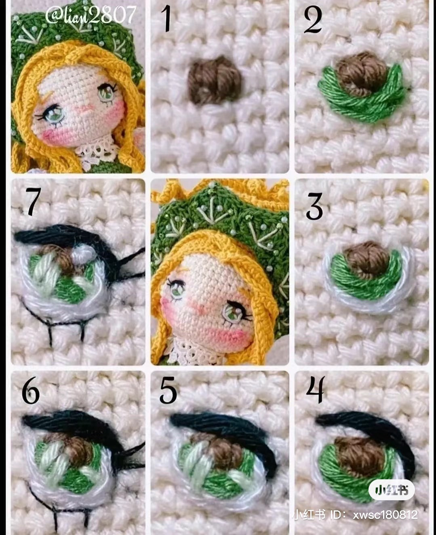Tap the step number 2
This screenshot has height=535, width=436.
[313, 20]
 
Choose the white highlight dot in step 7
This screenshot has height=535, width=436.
[83, 255]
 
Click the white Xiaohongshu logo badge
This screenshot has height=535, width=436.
[391, 490]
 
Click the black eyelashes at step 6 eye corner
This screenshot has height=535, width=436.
[129, 455]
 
